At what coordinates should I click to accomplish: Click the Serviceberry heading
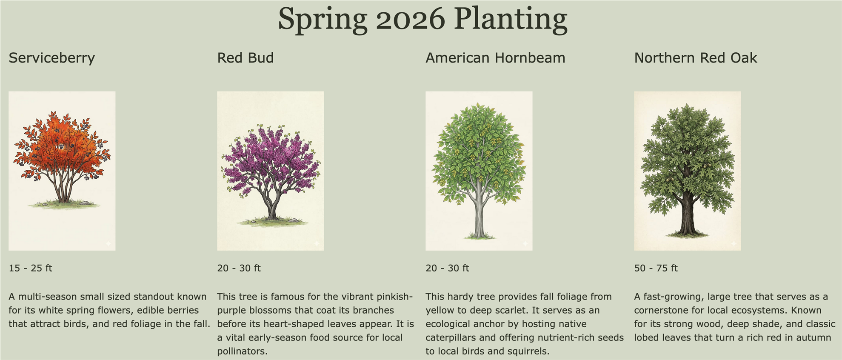point(51,58)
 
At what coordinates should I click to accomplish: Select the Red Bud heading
point(245,57)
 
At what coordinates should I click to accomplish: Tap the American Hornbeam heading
point(495,57)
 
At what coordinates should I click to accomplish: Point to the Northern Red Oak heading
point(696,57)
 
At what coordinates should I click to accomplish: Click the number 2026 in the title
point(410,19)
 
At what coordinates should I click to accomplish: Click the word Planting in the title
point(511,20)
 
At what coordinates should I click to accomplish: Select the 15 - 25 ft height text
point(30,268)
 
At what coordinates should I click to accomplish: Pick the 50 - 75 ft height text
point(656,268)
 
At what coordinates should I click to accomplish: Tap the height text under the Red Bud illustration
point(239,268)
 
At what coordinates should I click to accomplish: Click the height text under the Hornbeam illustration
point(447,268)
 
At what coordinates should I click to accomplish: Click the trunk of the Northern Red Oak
point(687,213)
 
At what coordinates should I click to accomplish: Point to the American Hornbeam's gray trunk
point(479,213)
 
